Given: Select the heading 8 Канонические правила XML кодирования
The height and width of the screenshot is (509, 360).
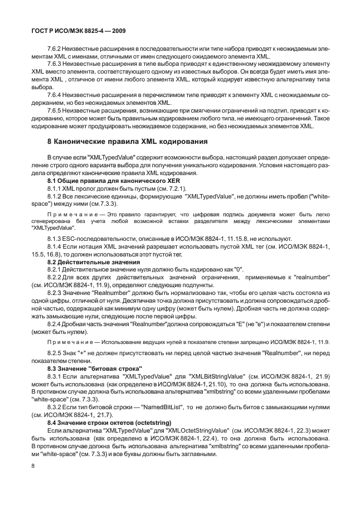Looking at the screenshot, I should [x=120, y=141].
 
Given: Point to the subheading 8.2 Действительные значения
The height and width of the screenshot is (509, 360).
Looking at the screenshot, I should [x=89, y=262].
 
